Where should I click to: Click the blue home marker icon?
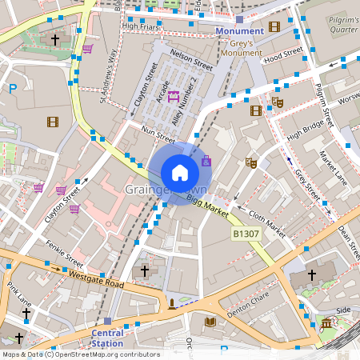pyautogui.click(x=180, y=172)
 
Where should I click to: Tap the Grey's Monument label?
pyautogui.click(x=241, y=47)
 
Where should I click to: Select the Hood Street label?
pyautogui.click(x=283, y=58)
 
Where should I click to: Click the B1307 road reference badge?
pyautogui.click(x=246, y=234)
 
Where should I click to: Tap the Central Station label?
pyautogui.click(x=107, y=338)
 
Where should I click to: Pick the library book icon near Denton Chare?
pyautogui.click(x=210, y=322)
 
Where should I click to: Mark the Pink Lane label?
pyautogui.click(x=18, y=295)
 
